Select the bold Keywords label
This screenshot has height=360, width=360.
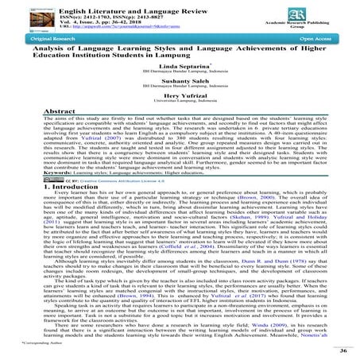click(x=26, y=238)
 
